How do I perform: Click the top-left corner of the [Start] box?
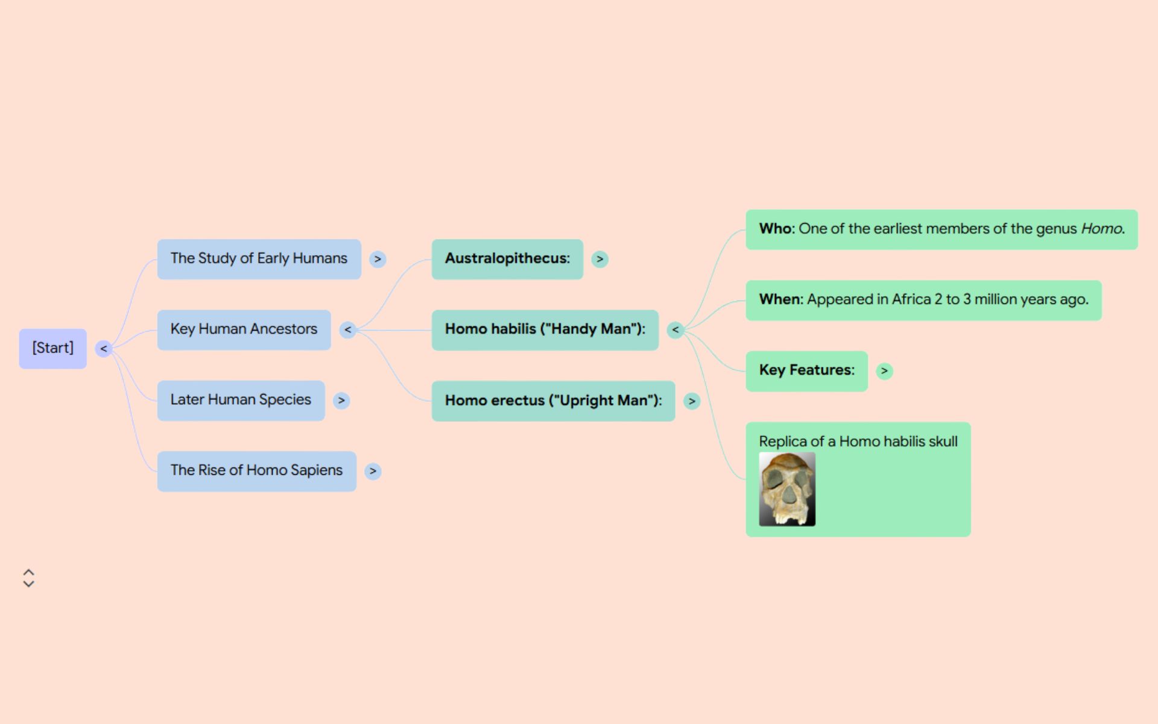[x=19, y=329]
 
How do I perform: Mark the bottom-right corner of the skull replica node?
[x=971, y=537]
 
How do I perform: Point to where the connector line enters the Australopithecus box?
[x=432, y=259]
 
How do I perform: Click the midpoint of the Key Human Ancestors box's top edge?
[x=244, y=310]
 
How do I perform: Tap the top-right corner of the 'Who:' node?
[x=1138, y=210]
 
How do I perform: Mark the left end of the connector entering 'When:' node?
[x=684, y=329]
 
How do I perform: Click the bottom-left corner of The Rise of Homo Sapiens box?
[x=157, y=492]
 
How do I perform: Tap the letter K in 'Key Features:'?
[x=764, y=370]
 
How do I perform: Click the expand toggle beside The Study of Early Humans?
[x=378, y=259]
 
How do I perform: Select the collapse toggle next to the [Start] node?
[x=104, y=349]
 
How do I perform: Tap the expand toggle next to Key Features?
[x=884, y=371]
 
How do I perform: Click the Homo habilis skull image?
[x=787, y=489]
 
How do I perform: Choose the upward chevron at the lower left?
[x=28, y=572]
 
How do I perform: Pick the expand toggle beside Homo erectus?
[x=692, y=401]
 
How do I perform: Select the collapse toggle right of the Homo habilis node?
[x=675, y=329]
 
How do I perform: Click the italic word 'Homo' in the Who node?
[x=1102, y=229]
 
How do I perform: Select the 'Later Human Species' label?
[x=241, y=399]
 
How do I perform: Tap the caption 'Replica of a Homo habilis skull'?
[x=858, y=441]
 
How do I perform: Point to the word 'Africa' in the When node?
[x=911, y=299]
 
